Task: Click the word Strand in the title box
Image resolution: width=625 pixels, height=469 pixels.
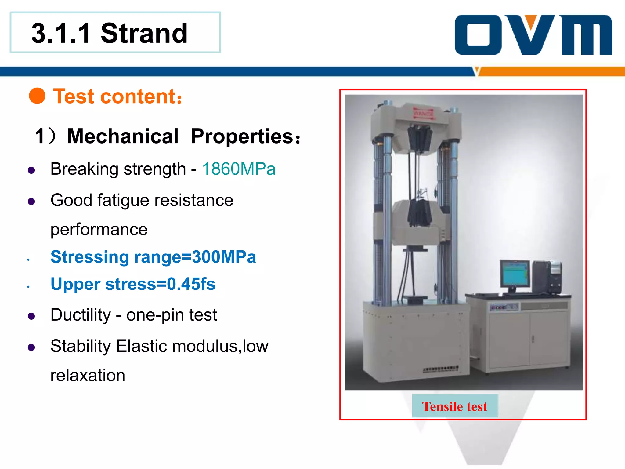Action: (144, 33)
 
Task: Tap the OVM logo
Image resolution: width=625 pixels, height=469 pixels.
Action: (533, 35)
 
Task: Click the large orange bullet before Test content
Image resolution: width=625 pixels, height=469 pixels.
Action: (37, 96)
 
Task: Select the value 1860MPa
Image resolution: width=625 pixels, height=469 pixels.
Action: (239, 169)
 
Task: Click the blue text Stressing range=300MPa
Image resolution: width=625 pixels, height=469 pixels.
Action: (153, 257)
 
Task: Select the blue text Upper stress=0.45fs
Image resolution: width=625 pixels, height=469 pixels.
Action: (133, 284)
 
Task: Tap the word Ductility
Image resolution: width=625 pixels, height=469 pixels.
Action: (81, 315)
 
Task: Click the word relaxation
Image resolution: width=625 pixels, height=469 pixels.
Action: (88, 375)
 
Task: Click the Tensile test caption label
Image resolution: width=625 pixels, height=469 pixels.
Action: (454, 406)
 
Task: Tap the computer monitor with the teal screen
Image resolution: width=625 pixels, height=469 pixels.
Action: (515, 274)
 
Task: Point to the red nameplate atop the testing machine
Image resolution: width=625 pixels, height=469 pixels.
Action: (423, 113)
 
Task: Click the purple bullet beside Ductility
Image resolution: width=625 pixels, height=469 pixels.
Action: (31, 316)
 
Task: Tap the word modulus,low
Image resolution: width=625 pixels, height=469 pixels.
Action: (220, 346)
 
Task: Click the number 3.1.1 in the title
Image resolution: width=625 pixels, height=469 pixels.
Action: (61, 33)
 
